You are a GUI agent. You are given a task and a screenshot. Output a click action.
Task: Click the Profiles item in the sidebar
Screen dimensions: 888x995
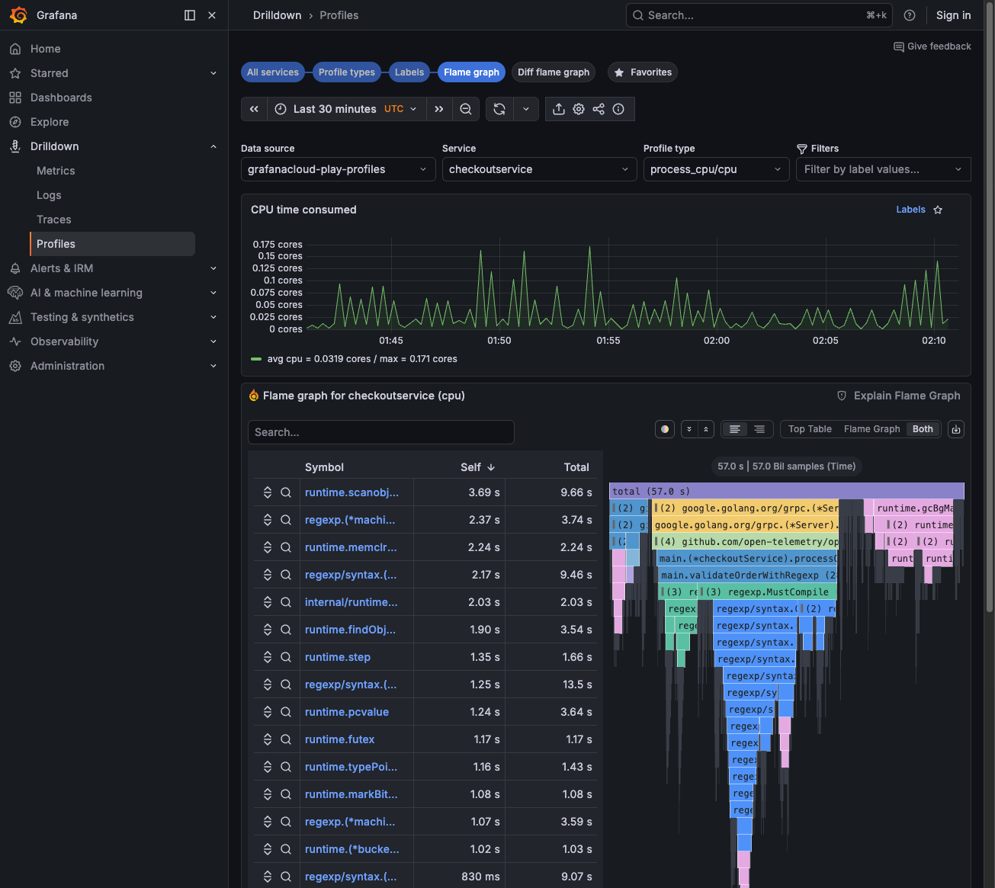56,244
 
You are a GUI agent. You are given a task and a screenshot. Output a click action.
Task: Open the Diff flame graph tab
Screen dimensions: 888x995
554,72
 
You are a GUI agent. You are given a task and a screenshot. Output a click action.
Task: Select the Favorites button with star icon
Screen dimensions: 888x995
643,72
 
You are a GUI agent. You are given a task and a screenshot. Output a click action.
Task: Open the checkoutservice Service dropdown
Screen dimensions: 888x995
538,169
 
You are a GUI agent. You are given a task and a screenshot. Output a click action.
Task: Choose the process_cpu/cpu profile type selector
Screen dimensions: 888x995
715,169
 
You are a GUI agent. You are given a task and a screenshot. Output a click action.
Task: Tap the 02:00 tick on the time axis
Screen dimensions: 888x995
717,341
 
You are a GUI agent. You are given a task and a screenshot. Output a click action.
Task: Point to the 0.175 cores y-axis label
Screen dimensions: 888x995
278,245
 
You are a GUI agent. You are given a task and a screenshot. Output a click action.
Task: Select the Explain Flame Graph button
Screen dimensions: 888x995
899,396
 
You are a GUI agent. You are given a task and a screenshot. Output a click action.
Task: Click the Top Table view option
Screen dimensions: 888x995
810,429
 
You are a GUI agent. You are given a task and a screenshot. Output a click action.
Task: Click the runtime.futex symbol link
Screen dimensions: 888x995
339,739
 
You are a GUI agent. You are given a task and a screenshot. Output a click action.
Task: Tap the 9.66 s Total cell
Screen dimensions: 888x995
576,492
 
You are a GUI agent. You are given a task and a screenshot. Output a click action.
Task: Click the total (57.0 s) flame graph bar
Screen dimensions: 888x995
786,492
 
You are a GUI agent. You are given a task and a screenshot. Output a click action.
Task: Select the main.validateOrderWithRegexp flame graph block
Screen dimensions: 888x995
747,575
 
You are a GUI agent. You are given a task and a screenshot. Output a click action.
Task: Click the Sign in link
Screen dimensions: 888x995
953,15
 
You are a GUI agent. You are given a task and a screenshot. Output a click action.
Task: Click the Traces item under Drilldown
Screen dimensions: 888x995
54,220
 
